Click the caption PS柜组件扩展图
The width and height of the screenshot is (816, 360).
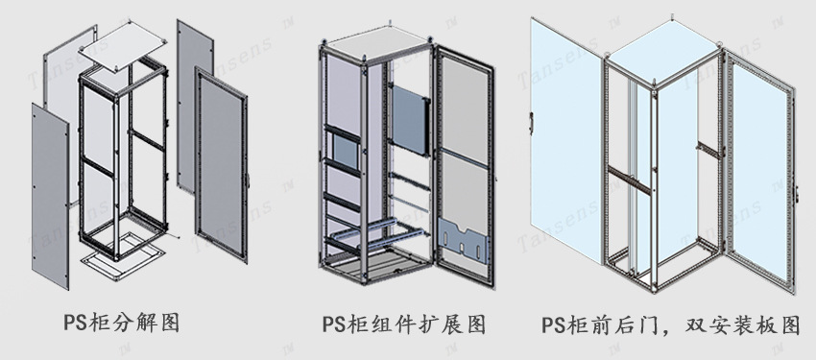pos(403,324)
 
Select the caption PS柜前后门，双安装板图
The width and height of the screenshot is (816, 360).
pos(670,324)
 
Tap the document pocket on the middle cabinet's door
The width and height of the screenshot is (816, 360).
pos(465,240)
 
